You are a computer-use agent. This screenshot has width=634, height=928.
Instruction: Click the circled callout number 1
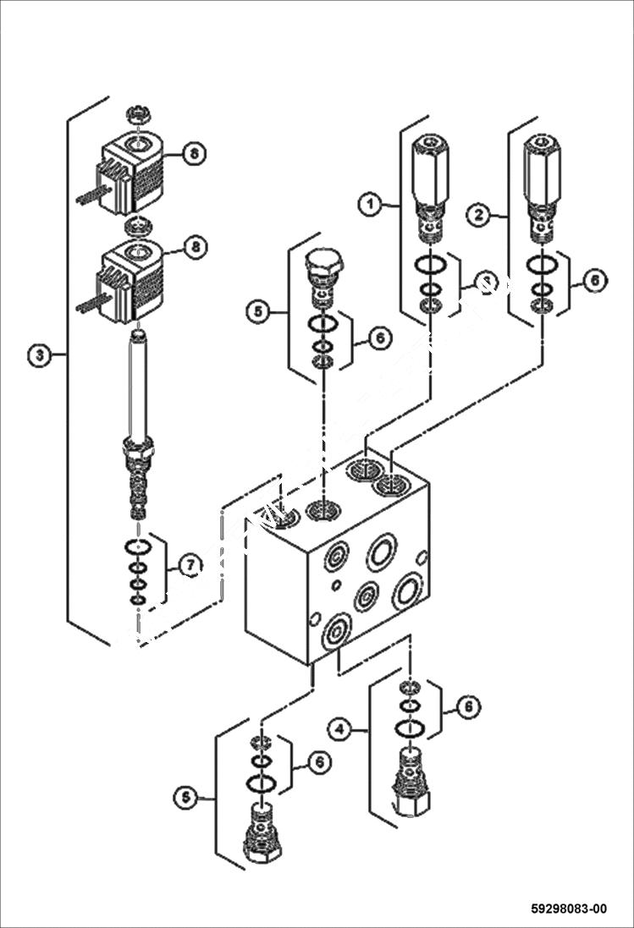(x=369, y=205)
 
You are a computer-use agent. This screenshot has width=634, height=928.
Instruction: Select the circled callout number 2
(x=479, y=215)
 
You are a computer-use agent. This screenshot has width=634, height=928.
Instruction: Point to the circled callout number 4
(x=340, y=728)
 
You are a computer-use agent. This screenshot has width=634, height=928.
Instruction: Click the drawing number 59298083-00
(x=569, y=909)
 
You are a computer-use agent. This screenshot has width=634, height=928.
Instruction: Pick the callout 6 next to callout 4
(x=468, y=707)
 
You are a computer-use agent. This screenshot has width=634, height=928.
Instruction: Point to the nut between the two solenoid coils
(x=135, y=226)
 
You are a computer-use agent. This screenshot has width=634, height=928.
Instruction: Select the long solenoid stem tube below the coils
(x=137, y=385)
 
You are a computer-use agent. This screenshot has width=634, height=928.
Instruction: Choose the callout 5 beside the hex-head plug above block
(x=259, y=311)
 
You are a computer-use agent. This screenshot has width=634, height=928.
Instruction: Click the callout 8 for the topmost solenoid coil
(x=194, y=153)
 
